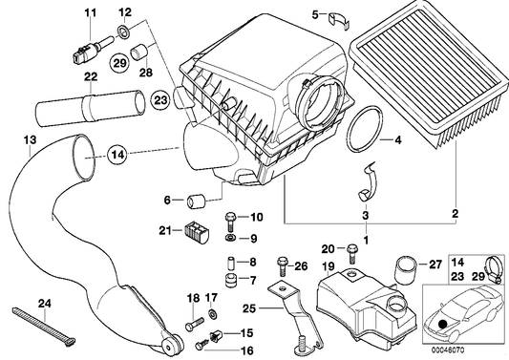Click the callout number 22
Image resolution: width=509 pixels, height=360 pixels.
pos(91,77)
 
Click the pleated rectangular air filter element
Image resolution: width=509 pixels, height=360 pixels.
pos(431,86)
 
